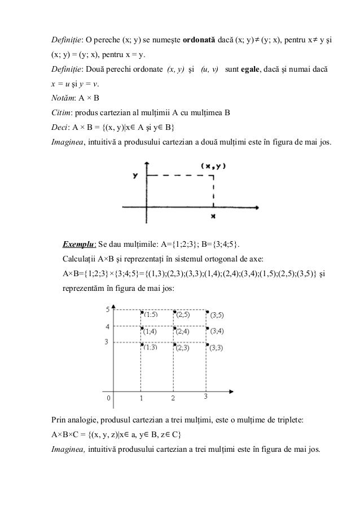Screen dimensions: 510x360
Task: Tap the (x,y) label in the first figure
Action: [213, 166]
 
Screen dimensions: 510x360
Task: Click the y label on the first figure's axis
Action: [135, 176]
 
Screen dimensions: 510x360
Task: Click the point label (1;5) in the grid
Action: [151, 314]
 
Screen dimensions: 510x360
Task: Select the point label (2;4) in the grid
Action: [183, 332]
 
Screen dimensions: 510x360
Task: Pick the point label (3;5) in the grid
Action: [217, 315]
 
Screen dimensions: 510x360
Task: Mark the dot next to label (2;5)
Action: [175, 311]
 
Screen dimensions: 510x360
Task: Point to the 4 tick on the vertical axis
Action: [107, 326]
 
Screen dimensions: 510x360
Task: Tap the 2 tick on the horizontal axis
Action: [173, 399]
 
